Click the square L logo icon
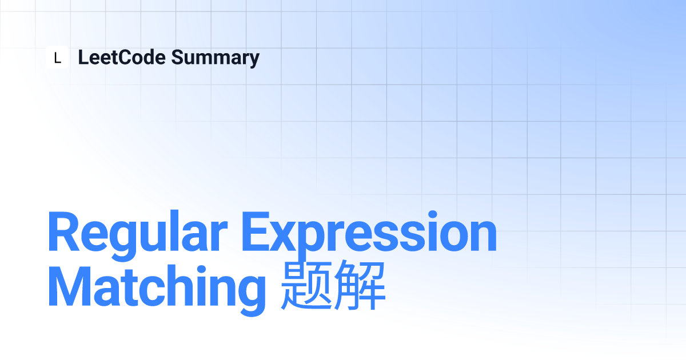tap(57, 57)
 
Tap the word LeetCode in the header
tap(122, 57)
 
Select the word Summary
tap(216, 58)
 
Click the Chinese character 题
tap(306, 286)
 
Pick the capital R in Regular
tap(63, 231)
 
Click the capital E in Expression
tap(256, 231)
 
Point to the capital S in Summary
tap(178, 57)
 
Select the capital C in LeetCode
tap(127, 57)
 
